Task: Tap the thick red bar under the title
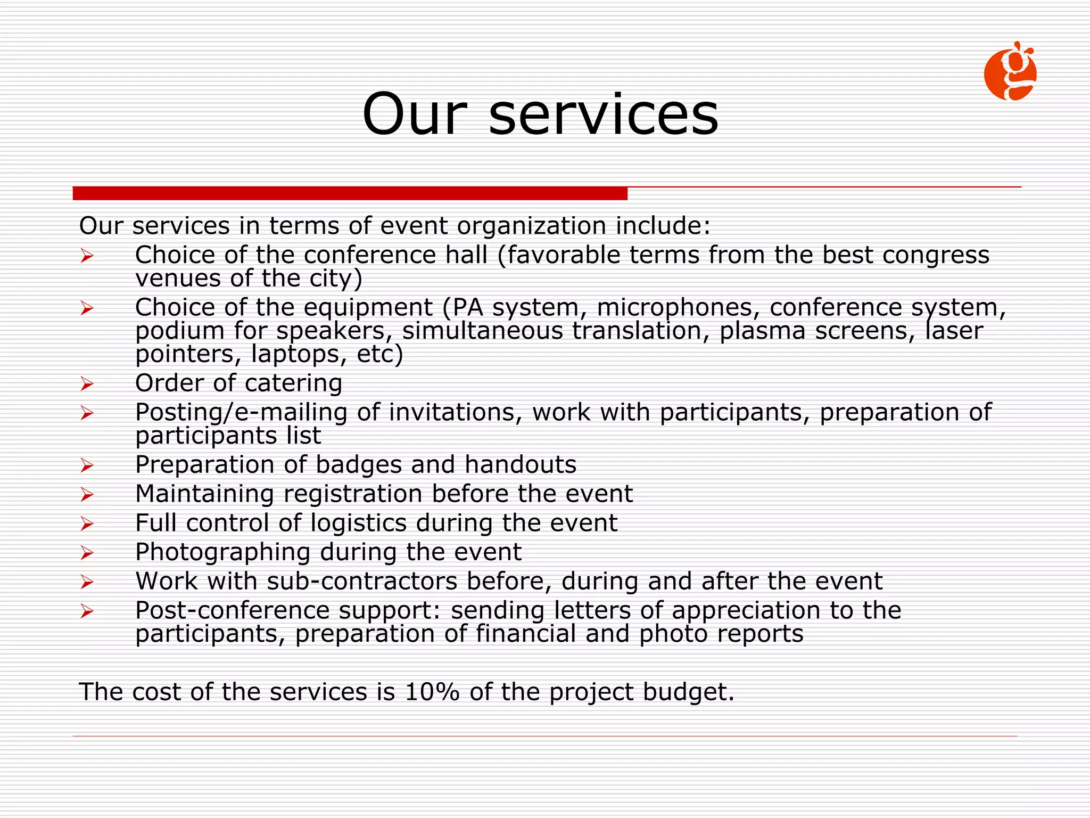pyautogui.click(x=350, y=193)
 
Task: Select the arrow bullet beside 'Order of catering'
pyautogui.click(x=87, y=383)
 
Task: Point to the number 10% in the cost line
pyautogui.click(x=432, y=692)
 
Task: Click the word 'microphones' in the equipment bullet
pyautogui.click(x=674, y=307)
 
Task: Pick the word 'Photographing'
pyautogui.click(x=222, y=552)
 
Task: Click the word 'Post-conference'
pyautogui.click(x=233, y=610)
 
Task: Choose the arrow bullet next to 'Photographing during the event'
pyautogui.click(x=87, y=553)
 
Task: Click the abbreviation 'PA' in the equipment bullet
pyautogui.click(x=467, y=307)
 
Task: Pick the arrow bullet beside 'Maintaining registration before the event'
pyautogui.click(x=87, y=495)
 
